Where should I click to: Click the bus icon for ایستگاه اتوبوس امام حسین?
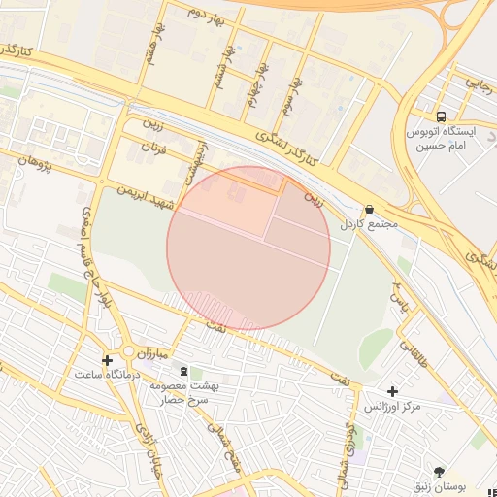442,115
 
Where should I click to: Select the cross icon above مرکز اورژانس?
392,390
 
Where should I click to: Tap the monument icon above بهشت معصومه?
182,371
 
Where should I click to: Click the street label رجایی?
480,85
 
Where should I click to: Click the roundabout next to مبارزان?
127,351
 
